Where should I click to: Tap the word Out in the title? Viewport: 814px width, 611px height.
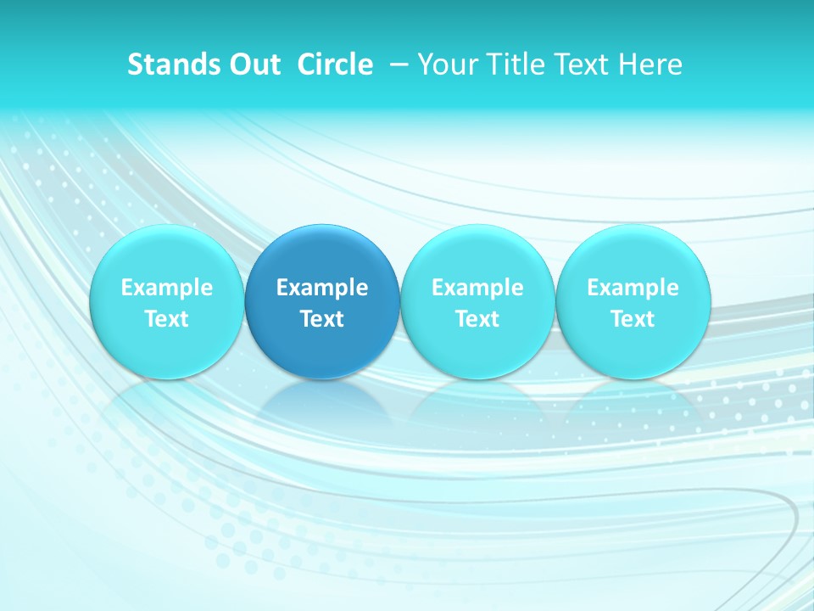(251, 64)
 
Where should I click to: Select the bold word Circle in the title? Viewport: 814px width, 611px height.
(335, 64)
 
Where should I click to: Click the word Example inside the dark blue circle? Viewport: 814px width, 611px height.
(322, 288)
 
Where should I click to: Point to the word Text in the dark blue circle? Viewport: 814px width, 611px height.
(322, 319)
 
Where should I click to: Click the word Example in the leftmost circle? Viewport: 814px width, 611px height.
(166, 288)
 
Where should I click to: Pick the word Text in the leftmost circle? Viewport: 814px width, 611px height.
(166, 319)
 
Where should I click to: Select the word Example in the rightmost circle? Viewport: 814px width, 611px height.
(633, 288)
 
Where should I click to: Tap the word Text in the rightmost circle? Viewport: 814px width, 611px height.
(633, 319)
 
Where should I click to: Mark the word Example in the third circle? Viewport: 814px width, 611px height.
(477, 288)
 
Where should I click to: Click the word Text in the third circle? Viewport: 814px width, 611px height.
(477, 319)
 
